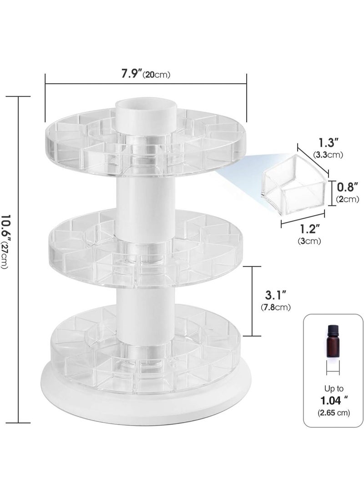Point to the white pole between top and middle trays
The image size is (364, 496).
tap(145, 195)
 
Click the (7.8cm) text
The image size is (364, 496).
tap(275, 307)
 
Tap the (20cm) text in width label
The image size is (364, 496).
tap(157, 75)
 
